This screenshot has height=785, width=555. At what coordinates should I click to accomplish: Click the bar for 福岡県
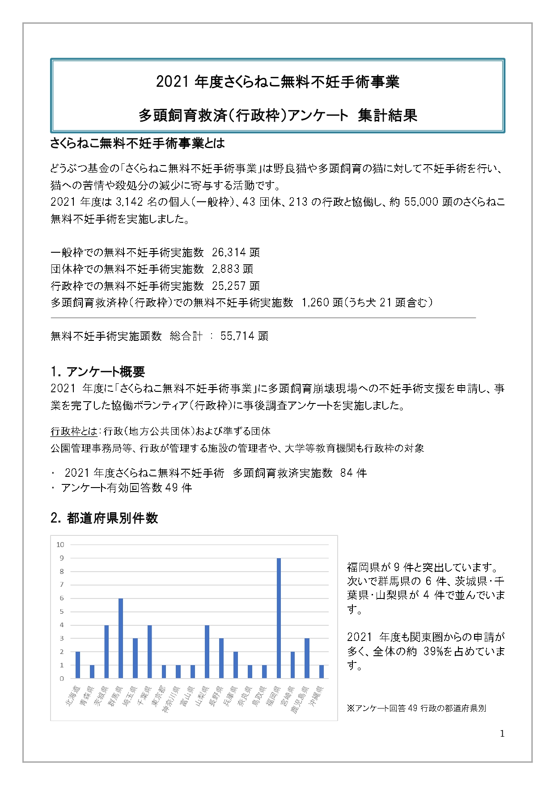pyautogui.click(x=279, y=618)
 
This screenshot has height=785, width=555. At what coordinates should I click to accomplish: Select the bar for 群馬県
pyautogui.click(x=121, y=638)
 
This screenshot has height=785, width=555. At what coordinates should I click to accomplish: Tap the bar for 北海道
pyautogui.click(x=78, y=665)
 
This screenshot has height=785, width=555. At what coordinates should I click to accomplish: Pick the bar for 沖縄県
pyautogui.click(x=321, y=672)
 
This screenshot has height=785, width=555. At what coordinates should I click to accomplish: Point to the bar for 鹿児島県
pyautogui.click(x=307, y=658)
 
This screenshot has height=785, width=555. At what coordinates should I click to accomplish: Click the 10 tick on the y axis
pyautogui.click(x=60, y=545)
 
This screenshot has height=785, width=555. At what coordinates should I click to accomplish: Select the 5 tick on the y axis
pyautogui.click(x=62, y=611)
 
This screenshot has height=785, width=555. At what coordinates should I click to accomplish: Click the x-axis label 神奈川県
pyautogui.click(x=171, y=699)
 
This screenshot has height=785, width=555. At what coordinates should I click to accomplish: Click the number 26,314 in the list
pyautogui.click(x=229, y=253)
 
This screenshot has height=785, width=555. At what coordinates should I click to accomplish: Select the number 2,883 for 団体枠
pyautogui.click(x=226, y=269)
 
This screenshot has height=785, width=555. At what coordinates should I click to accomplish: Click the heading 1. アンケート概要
pyautogui.click(x=97, y=372)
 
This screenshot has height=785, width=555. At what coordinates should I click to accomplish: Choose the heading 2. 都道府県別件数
pyautogui.click(x=104, y=518)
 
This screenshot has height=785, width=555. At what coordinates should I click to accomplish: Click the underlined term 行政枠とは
pyautogui.click(x=74, y=432)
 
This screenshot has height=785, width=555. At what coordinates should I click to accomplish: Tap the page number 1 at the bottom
pyautogui.click(x=502, y=734)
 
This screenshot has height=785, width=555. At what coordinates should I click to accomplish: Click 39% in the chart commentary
pyautogui.click(x=433, y=652)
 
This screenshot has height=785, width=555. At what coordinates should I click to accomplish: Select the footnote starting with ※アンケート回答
pyautogui.click(x=416, y=709)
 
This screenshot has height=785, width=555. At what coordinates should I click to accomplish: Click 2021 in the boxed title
pyautogui.click(x=174, y=82)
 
